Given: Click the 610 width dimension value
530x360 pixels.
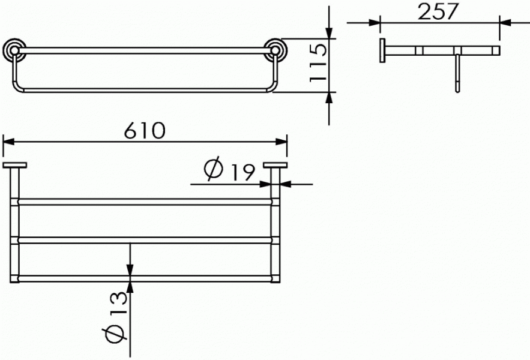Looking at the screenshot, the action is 145,130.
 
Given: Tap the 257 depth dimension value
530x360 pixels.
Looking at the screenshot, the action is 438,11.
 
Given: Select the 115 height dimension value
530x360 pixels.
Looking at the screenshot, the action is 318,63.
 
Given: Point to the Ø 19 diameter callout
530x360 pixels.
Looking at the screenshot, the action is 229,169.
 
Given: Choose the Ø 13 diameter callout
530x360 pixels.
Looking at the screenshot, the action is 115,317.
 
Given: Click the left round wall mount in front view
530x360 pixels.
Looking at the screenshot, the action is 14,50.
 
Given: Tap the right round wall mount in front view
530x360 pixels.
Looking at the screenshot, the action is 276,50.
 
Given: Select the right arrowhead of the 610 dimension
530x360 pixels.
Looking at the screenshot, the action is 282,141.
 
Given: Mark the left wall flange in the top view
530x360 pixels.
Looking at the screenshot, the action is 14,165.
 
